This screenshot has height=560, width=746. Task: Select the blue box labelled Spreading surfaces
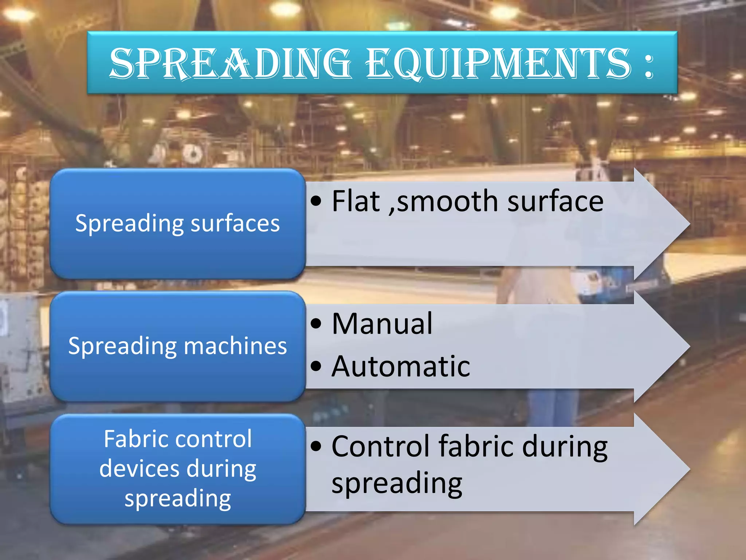[177, 223]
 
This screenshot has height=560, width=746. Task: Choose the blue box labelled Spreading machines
[177, 346]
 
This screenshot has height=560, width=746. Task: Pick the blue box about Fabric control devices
[177, 469]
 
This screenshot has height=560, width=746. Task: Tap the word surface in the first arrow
[555, 202]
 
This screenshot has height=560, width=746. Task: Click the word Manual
[382, 324]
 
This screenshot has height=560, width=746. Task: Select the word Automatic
[401, 366]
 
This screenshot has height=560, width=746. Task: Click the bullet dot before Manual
[316, 323]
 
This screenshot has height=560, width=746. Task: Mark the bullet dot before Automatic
[316, 366]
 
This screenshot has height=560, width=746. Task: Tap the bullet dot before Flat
[316, 201]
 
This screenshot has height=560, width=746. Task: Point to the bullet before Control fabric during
[316, 446]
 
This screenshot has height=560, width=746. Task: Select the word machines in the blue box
[235, 346]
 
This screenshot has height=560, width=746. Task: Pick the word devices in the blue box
[140, 469]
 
